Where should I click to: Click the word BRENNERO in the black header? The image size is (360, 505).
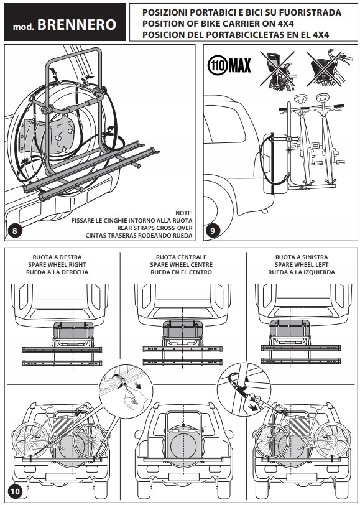coord(76,25)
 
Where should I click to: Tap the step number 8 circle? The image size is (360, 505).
coord(14,231)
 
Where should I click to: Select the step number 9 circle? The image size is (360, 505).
coord(213,231)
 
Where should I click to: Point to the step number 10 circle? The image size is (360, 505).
coord(15,492)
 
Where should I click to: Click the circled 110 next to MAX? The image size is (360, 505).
coord(218,66)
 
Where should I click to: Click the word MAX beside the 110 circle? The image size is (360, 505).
coord(239,66)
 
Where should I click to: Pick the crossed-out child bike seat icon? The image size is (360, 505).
coord(277,69)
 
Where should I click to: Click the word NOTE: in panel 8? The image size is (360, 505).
coord(184,213)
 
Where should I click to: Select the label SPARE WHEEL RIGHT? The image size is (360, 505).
coord(57,265)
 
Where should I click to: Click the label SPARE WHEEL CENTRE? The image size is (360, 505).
coord(182,265)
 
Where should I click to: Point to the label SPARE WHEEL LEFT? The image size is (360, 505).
coord(302,265)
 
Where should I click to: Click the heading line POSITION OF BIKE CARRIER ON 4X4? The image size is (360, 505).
coord(218,24)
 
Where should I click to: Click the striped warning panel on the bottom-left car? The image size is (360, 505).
coord(64,425)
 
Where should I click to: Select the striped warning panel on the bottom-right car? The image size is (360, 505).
coord(300,426)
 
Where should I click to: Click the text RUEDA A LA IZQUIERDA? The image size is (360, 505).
coord(302,272)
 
